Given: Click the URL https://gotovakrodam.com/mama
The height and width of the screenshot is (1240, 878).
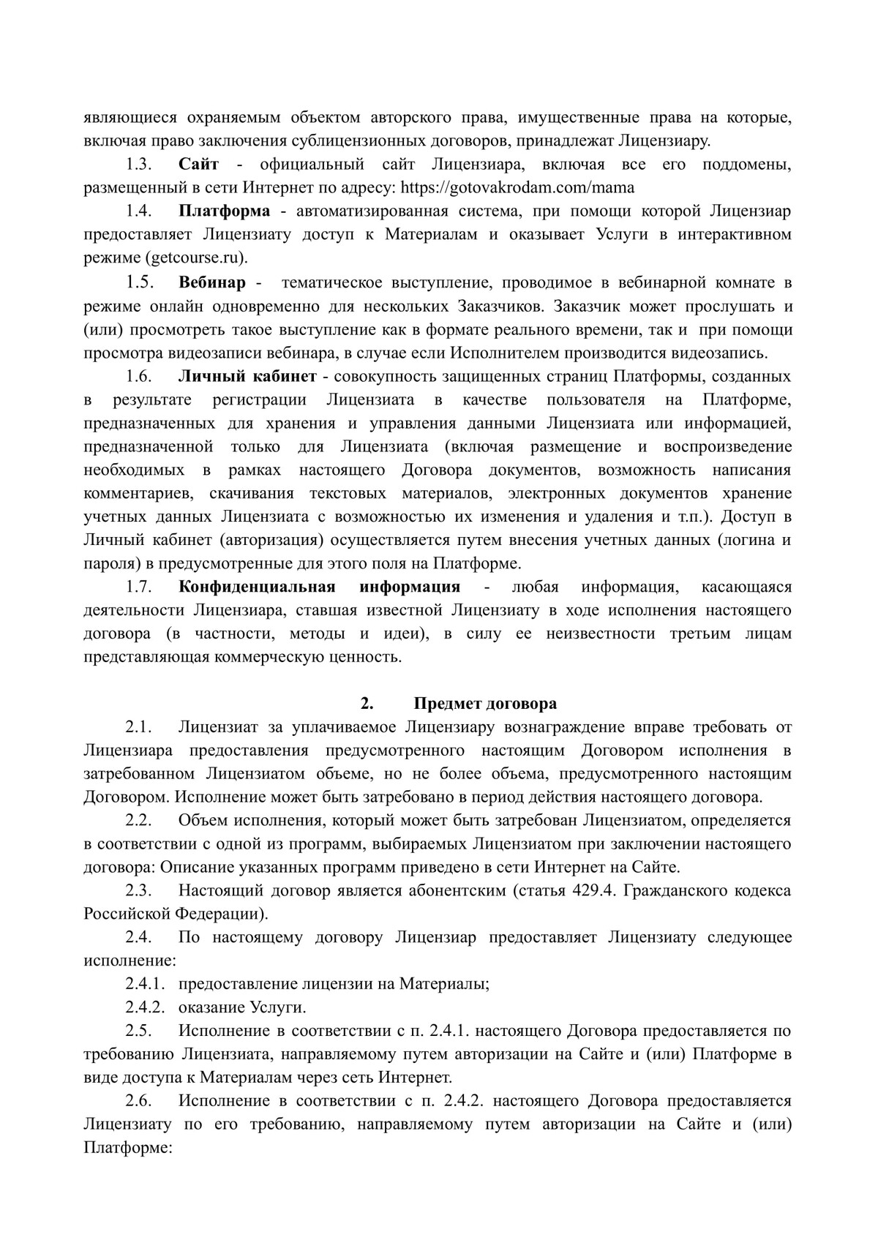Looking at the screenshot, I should point(516,188).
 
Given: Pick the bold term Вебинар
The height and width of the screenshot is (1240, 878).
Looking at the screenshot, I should point(213,282).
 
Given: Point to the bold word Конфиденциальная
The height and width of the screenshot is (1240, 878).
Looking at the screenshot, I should point(258,587).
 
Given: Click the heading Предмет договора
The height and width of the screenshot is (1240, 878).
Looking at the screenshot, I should point(485,704).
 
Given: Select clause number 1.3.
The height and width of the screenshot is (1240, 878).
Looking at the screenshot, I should point(138,165).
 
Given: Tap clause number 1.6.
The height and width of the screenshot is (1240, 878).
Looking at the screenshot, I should point(138,377).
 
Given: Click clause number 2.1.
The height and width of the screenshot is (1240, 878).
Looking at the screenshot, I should point(138,727).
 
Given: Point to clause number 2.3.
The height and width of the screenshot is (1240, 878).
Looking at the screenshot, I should point(138,891).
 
